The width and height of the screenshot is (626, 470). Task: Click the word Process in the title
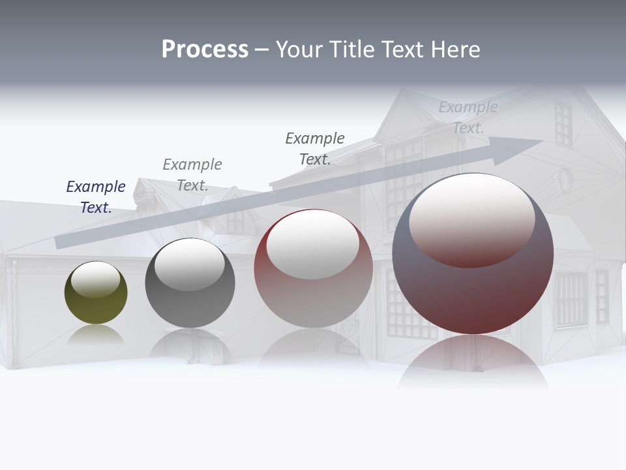point(205,50)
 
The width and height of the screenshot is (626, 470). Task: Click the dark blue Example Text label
point(96,197)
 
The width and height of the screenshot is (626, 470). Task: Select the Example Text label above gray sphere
point(192,175)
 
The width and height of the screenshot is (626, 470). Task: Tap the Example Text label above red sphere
point(315,149)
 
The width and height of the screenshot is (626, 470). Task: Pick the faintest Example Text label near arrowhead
point(468,117)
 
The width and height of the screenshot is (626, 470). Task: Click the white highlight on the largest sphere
point(471,219)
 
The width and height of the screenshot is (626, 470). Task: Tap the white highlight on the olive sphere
point(95,279)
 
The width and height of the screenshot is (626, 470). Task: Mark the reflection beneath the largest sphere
point(473,362)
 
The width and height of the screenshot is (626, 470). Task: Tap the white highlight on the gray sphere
point(189,264)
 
